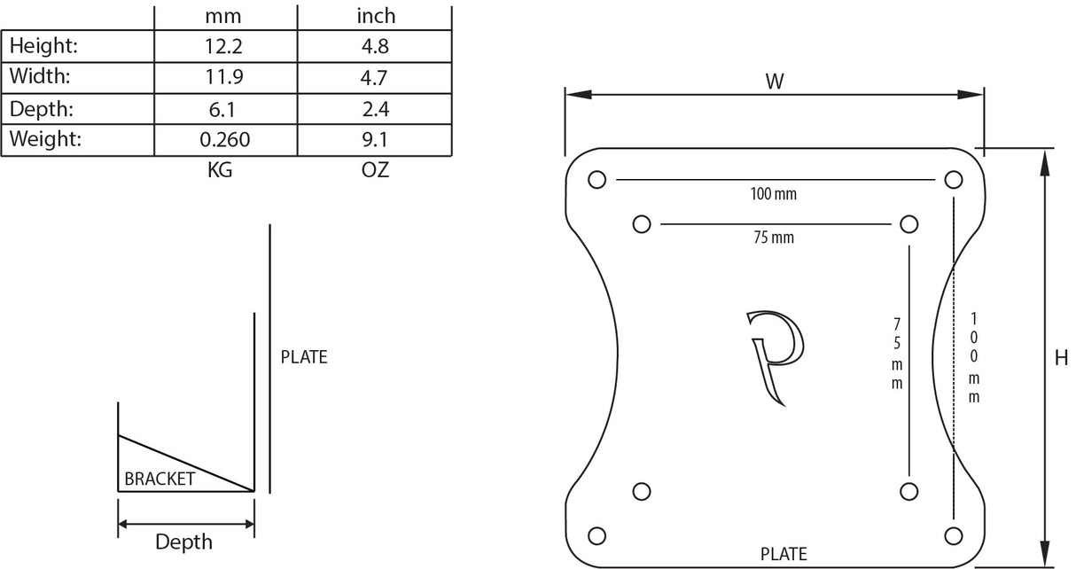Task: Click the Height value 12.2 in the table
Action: pyautogui.click(x=223, y=46)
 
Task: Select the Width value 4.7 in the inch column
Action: pyautogui.click(x=374, y=77)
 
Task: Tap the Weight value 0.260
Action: pyautogui.click(x=225, y=140)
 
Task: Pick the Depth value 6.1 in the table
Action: pyautogui.click(x=222, y=110)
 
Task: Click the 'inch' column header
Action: pyautogui.click(x=376, y=16)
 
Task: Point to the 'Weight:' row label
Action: pyautogui.click(x=45, y=139)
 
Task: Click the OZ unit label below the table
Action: pyautogui.click(x=375, y=170)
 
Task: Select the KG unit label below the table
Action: pyautogui.click(x=220, y=170)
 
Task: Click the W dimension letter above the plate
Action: pyautogui.click(x=775, y=82)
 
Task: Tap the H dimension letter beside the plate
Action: pyautogui.click(x=1061, y=358)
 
